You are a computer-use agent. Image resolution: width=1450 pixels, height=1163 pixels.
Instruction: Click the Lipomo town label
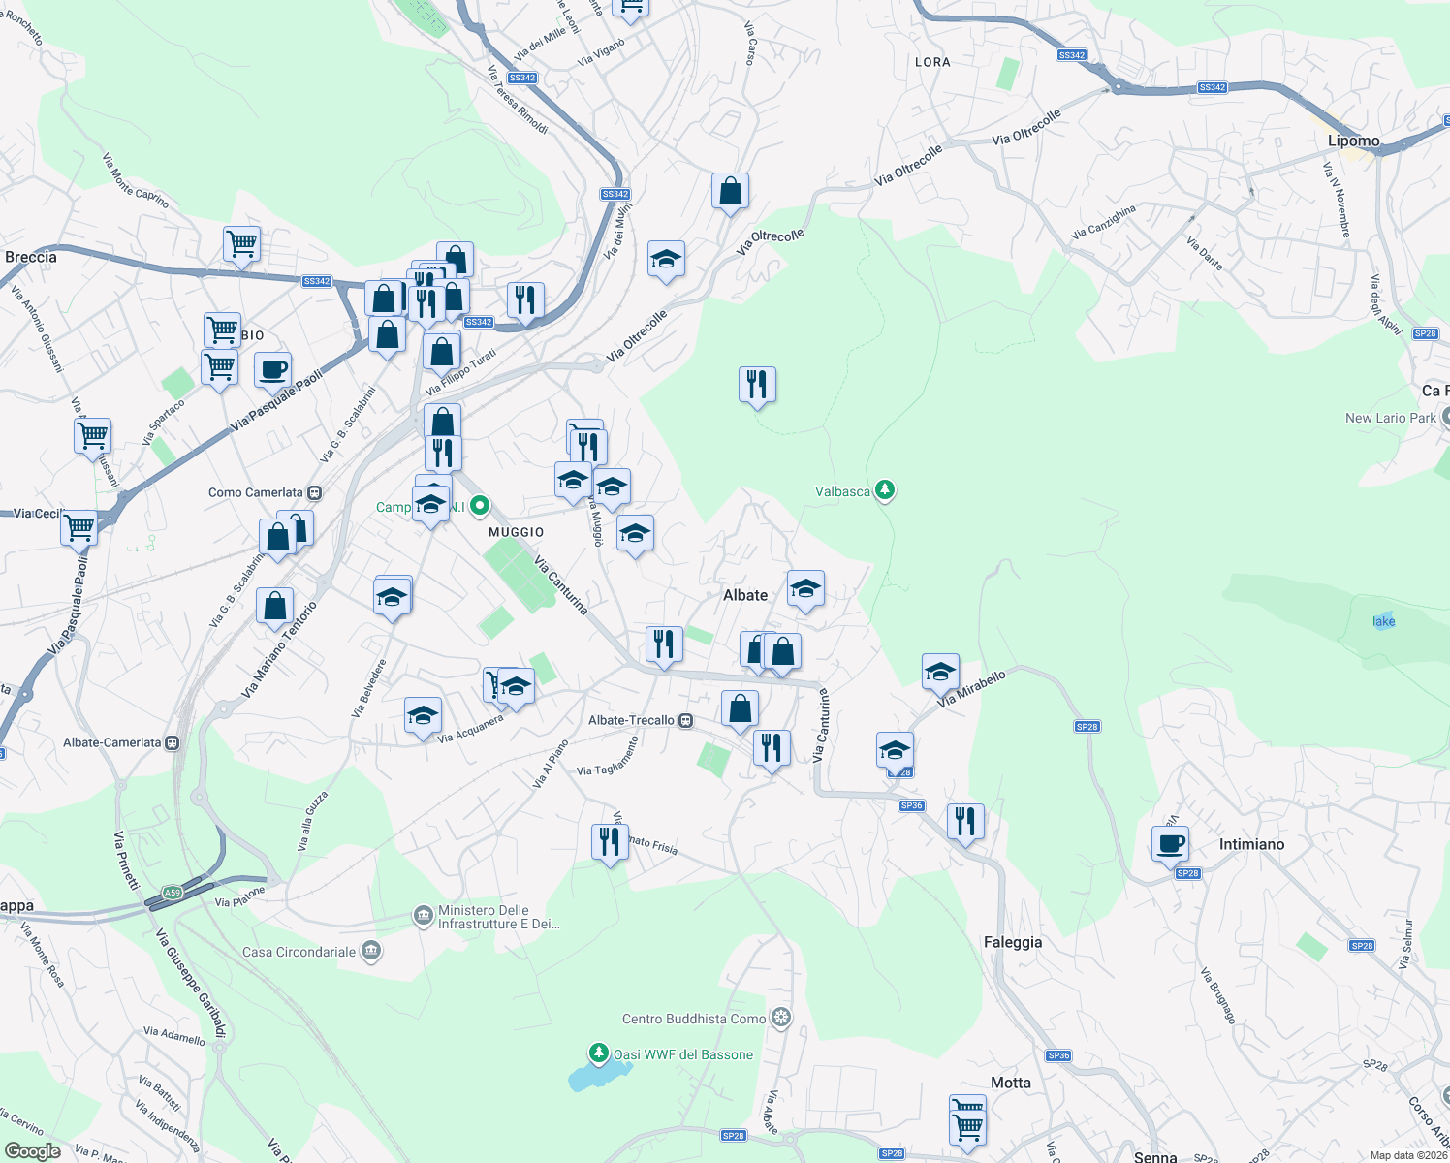click(x=1353, y=141)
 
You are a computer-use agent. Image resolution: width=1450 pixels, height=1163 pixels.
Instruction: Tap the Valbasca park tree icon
click(x=884, y=490)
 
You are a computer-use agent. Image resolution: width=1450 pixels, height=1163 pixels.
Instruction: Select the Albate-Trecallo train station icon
click(x=686, y=720)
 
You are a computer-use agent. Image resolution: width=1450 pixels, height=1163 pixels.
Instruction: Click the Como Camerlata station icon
click(x=314, y=492)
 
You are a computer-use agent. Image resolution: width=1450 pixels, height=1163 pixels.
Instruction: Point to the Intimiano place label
click(x=1251, y=844)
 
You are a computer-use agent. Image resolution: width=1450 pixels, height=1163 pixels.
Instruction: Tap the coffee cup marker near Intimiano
click(x=1171, y=843)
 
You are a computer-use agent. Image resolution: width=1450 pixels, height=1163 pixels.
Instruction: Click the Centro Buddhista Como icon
click(x=781, y=1018)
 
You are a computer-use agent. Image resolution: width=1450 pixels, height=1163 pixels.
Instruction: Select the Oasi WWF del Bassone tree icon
click(x=599, y=1053)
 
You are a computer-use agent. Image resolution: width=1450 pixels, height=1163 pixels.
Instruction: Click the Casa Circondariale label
click(x=299, y=952)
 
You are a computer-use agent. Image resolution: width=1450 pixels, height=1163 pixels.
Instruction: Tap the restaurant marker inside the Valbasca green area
click(x=757, y=385)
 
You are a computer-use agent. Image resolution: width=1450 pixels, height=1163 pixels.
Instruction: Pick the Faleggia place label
click(x=1013, y=942)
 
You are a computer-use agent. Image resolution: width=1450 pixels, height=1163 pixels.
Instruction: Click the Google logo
click(x=33, y=1150)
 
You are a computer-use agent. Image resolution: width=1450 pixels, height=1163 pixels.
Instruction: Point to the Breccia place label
click(x=31, y=257)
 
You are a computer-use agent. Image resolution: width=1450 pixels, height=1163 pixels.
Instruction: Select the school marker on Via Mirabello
click(x=940, y=672)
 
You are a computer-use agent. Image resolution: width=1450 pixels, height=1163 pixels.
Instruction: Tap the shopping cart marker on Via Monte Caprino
click(x=241, y=244)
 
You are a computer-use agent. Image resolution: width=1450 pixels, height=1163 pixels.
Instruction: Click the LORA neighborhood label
click(x=932, y=62)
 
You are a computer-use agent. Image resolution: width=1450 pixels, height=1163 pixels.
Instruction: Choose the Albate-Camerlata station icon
click(x=173, y=742)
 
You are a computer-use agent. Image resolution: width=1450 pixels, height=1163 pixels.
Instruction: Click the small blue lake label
click(x=1383, y=621)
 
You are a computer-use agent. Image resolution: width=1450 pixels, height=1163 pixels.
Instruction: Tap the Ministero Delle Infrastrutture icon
click(x=423, y=916)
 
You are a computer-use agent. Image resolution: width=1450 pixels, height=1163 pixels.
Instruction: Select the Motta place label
click(x=1011, y=1083)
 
